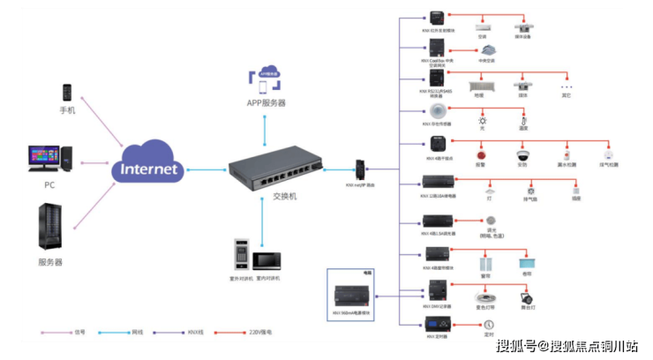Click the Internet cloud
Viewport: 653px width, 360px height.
148,165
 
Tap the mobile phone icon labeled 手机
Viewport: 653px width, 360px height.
67,92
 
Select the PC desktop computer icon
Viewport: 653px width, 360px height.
49,159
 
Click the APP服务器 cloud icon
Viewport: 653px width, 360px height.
266,78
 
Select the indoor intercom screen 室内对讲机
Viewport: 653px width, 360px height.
266,260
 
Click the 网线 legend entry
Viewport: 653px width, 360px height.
130,332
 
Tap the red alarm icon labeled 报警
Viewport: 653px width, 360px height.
481,154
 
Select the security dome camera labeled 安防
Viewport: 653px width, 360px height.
522,154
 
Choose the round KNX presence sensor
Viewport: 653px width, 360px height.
436,111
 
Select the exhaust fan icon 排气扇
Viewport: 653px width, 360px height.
531,189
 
